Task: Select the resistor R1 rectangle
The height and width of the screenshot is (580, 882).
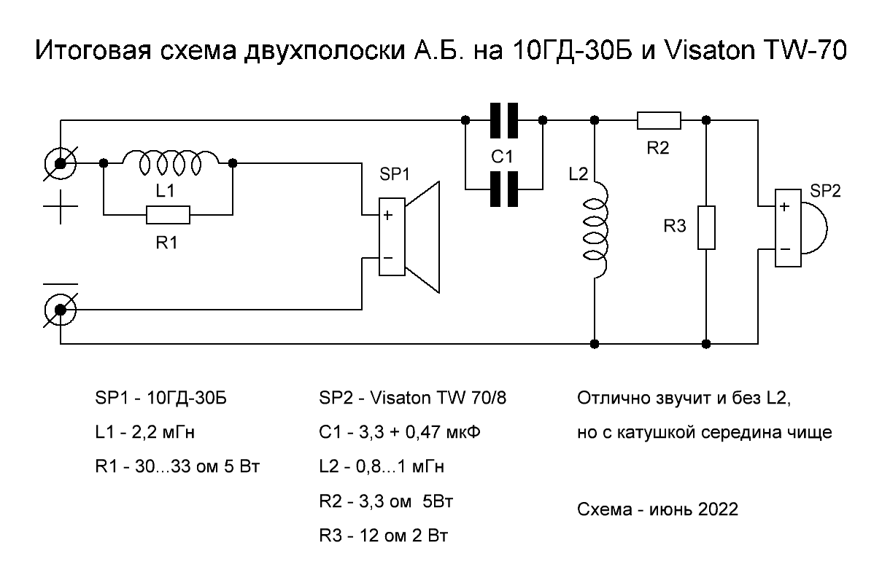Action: (168, 215)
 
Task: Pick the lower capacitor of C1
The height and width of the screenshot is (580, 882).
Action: (503, 189)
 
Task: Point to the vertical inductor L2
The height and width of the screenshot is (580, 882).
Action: (595, 230)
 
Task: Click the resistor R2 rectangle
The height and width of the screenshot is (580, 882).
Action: (659, 120)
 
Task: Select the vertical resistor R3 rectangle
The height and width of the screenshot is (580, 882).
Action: (706, 228)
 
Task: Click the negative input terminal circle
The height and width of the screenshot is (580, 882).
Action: (61, 311)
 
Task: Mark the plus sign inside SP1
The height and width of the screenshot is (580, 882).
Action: (388, 215)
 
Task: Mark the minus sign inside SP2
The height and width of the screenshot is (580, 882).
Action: (784, 248)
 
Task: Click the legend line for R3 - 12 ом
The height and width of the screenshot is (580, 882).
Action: (383, 536)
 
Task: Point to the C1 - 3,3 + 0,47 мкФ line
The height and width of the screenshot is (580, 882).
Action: (400, 432)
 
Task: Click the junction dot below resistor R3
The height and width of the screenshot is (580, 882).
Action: (706, 342)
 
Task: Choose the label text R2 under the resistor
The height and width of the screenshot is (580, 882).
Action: (658, 148)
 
